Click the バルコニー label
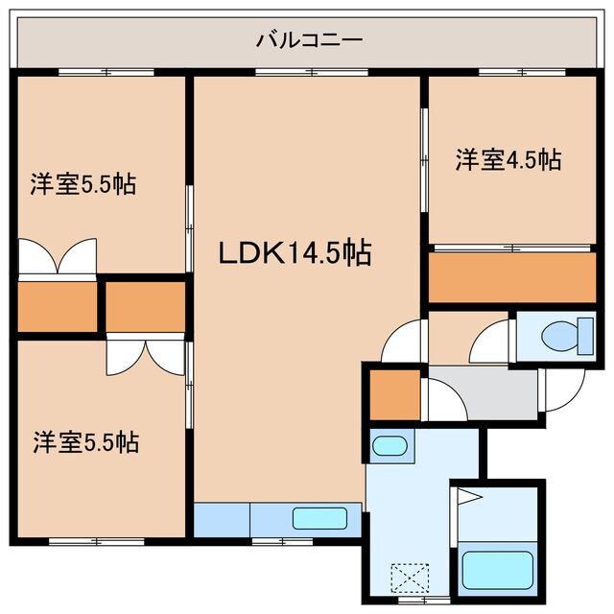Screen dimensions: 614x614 pos(308,40)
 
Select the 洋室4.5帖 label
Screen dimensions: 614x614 pos(508,159)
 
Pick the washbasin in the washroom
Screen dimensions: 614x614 pos(389,445)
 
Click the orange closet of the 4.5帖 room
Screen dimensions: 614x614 pos(512,277)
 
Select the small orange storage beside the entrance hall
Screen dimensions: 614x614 pos(394,393)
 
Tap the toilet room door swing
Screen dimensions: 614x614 pos(491,343)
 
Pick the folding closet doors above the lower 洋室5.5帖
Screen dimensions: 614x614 pos(145,355)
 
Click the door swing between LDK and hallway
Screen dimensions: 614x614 pos(403,343)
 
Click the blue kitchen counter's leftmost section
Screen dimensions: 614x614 pos(221,519)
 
